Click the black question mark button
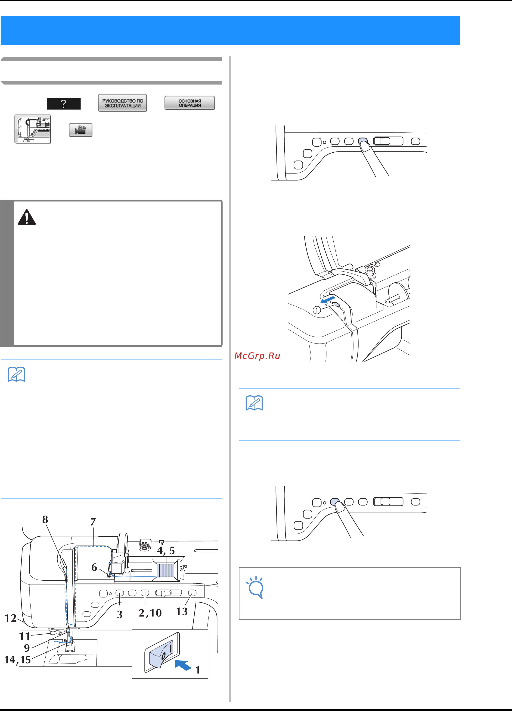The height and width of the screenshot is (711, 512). pyautogui.click(x=64, y=104)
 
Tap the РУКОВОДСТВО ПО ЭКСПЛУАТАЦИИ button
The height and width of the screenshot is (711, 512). pyautogui.click(x=122, y=103)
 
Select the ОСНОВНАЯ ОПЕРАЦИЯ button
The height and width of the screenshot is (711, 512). pyautogui.click(x=190, y=103)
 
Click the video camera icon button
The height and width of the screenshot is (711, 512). pyautogui.click(x=81, y=130)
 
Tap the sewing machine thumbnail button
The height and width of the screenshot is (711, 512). pyautogui.click(x=33, y=129)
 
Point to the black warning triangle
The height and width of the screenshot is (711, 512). pyautogui.click(x=27, y=217)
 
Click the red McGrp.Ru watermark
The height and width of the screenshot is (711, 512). pyautogui.click(x=257, y=356)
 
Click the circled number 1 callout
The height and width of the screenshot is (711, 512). pyautogui.click(x=317, y=310)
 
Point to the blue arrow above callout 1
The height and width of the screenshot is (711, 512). pyautogui.click(x=328, y=299)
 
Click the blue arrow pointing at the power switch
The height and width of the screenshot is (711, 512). pyautogui.click(x=183, y=665)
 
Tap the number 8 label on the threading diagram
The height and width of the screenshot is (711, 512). pyautogui.click(x=45, y=520)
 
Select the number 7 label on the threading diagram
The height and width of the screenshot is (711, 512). pyautogui.click(x=93, y=522)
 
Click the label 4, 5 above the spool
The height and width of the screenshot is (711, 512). pyautogui.click(x=166, y=551)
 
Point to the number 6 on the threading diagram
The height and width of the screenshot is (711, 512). pyautogui.click(x=94, y=567)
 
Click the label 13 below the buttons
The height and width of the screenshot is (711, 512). pyautogui.click(x=182, y=611)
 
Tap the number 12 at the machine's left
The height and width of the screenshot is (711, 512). pyautogui.click(x=10, y=618)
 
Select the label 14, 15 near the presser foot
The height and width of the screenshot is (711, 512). pyautogui.click(x=18, y=660)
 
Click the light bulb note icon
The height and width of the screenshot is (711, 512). pyautogui.click(x=255, y=587)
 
